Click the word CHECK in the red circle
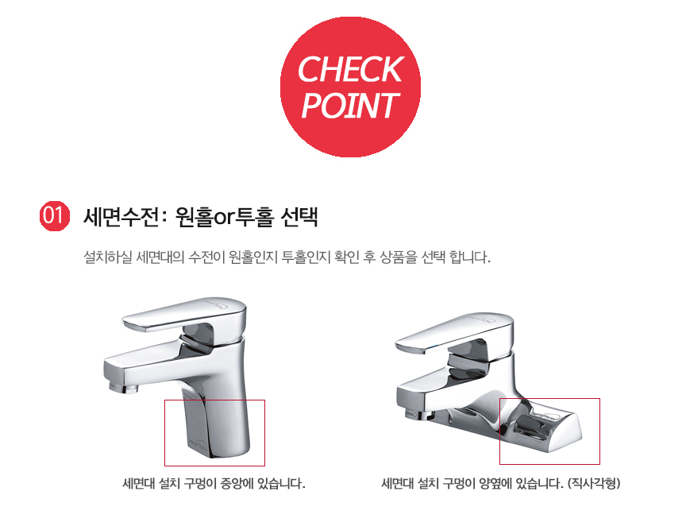click(350, 69)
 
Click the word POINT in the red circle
click(350, 106)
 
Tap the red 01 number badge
click(55, 215)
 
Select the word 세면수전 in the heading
click(121, 216)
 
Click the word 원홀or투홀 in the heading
click(225, 216)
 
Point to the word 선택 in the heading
click(299, 216)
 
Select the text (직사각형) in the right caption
click(594, 484)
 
